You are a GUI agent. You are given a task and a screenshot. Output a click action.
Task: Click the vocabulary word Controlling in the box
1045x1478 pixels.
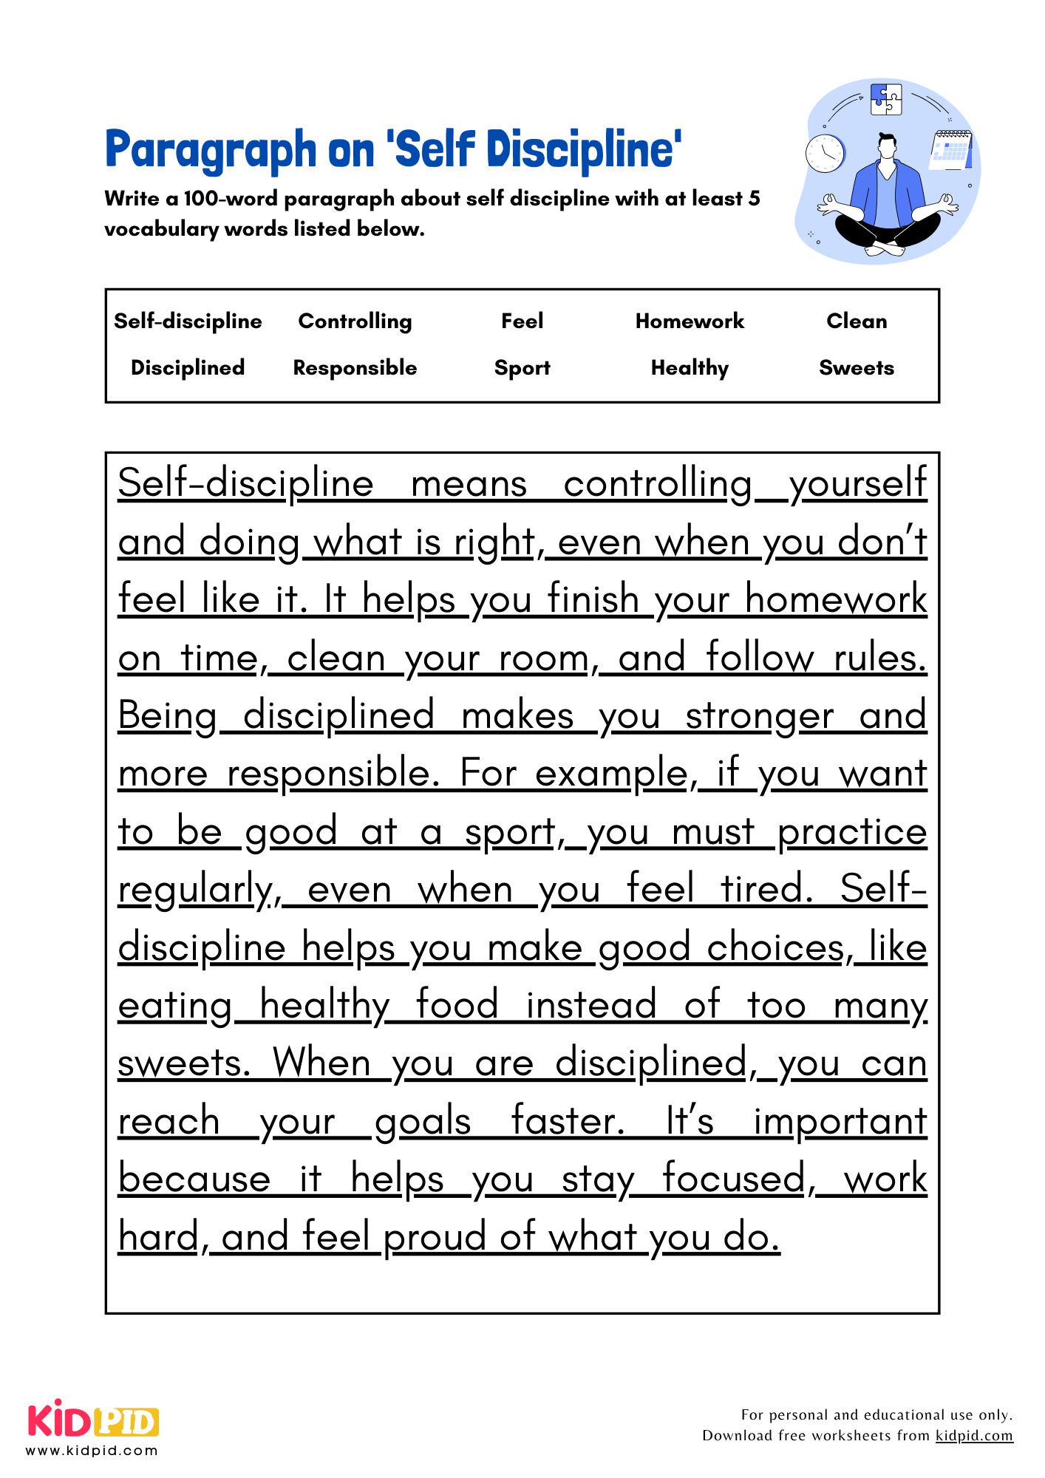[x=355, y=321]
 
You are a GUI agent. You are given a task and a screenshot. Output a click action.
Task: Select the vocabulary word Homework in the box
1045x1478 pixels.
[x=690, y=321]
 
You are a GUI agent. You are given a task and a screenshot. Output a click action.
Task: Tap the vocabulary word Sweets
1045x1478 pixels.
[x=856, y=368]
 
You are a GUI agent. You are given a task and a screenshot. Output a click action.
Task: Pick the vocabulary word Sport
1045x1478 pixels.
[x=522, y=368]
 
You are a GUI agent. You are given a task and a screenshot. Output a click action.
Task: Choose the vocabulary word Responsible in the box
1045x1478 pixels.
[x=355, y=368]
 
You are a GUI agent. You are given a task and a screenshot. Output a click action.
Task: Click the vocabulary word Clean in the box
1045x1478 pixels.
[x=856, y=321]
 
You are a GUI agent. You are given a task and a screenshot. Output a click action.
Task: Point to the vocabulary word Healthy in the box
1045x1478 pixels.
[x=690, y=368]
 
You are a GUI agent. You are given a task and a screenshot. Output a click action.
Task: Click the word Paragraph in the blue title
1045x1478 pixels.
[x=211, y=150]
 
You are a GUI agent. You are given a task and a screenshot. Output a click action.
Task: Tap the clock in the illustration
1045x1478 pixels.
[x=824, y=154]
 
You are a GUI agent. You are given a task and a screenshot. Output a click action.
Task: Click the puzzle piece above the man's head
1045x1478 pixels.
[x=886, y=99]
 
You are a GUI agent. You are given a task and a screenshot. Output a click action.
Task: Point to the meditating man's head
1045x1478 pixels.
[x=887, y=146]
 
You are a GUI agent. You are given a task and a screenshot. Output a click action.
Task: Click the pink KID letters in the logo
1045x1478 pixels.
[x=60, y=1420]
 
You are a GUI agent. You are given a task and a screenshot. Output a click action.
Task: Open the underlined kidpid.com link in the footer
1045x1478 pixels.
[x=973, y=1435]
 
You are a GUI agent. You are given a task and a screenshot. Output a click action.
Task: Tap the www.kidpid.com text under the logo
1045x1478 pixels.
[x=92, y=1451]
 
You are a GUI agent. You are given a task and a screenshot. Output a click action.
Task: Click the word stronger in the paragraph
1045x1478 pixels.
[x=759, y=717]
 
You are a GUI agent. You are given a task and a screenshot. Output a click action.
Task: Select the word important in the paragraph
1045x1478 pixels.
[x=840, y=1122]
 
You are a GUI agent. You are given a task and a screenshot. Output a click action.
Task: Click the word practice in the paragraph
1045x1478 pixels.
[x=851, y=833]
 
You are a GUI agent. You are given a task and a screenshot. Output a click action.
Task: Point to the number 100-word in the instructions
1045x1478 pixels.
[x=231, y=199]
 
